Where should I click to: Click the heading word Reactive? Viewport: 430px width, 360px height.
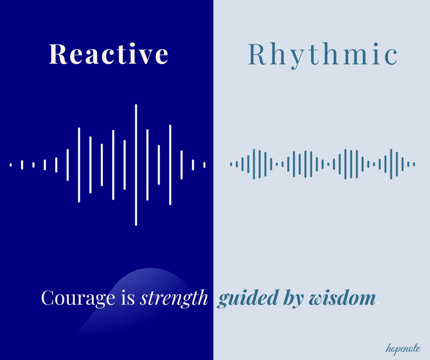click(x=109, y=54)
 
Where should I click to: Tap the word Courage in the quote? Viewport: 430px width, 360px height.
click(x=78, y=298)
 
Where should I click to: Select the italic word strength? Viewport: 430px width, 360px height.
click(x=174, y=298)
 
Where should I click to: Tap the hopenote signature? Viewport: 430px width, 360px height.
click(x=403, y=348)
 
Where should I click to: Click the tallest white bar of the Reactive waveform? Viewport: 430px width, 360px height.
click(x=136, y=165)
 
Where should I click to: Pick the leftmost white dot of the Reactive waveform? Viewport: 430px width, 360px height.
click(x=10, y=165)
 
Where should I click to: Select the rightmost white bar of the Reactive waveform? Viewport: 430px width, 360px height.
click(x=205, y=165)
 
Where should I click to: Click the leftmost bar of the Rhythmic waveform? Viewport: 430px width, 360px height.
click(x=231, y=164)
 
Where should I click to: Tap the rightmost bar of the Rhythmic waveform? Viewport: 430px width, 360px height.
click(x=414, y=164)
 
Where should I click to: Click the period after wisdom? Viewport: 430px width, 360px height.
click(x=379, y=304)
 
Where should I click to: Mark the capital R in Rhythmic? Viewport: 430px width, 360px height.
click(x=257, y=54)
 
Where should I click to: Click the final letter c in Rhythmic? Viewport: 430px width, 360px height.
click(x=391, y=57)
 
